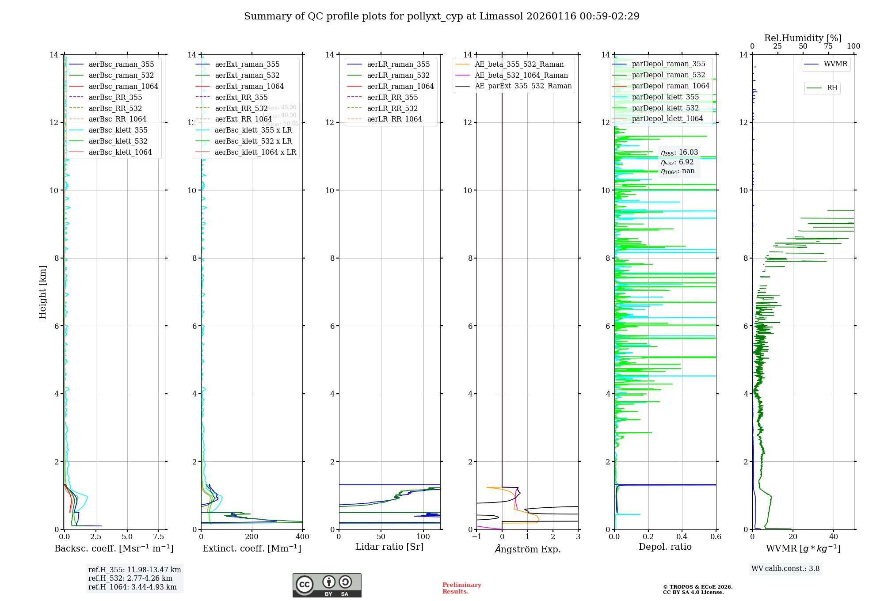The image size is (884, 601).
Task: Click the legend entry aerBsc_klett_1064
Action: coord(120,152)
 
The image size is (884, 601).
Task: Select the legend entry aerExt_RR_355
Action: coord(241,97)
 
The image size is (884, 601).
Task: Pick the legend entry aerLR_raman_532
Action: coord(398,75)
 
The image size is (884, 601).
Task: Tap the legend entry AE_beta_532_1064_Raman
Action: coord(521,75)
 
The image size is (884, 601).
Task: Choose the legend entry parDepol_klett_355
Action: coord(665,97)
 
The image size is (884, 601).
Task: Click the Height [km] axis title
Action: coord(42,292)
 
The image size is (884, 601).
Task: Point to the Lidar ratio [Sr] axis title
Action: coord(389,547)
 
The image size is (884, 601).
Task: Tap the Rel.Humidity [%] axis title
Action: coord(803,38)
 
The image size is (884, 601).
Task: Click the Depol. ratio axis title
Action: coord(665,547)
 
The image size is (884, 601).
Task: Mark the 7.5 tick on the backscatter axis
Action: coord(159,536)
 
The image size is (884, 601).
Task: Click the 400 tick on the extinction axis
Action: coord(302,536)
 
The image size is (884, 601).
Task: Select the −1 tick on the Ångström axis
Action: coord(476,536)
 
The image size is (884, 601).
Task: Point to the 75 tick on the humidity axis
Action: coord(828,46)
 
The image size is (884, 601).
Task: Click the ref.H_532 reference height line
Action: coord(130,578)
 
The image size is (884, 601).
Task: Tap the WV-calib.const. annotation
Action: coord(785,569)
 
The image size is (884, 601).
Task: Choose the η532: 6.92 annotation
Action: coord(677,162)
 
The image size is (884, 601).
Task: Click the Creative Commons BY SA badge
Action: coord(327,586)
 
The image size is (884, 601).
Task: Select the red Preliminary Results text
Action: coord(461,588)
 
